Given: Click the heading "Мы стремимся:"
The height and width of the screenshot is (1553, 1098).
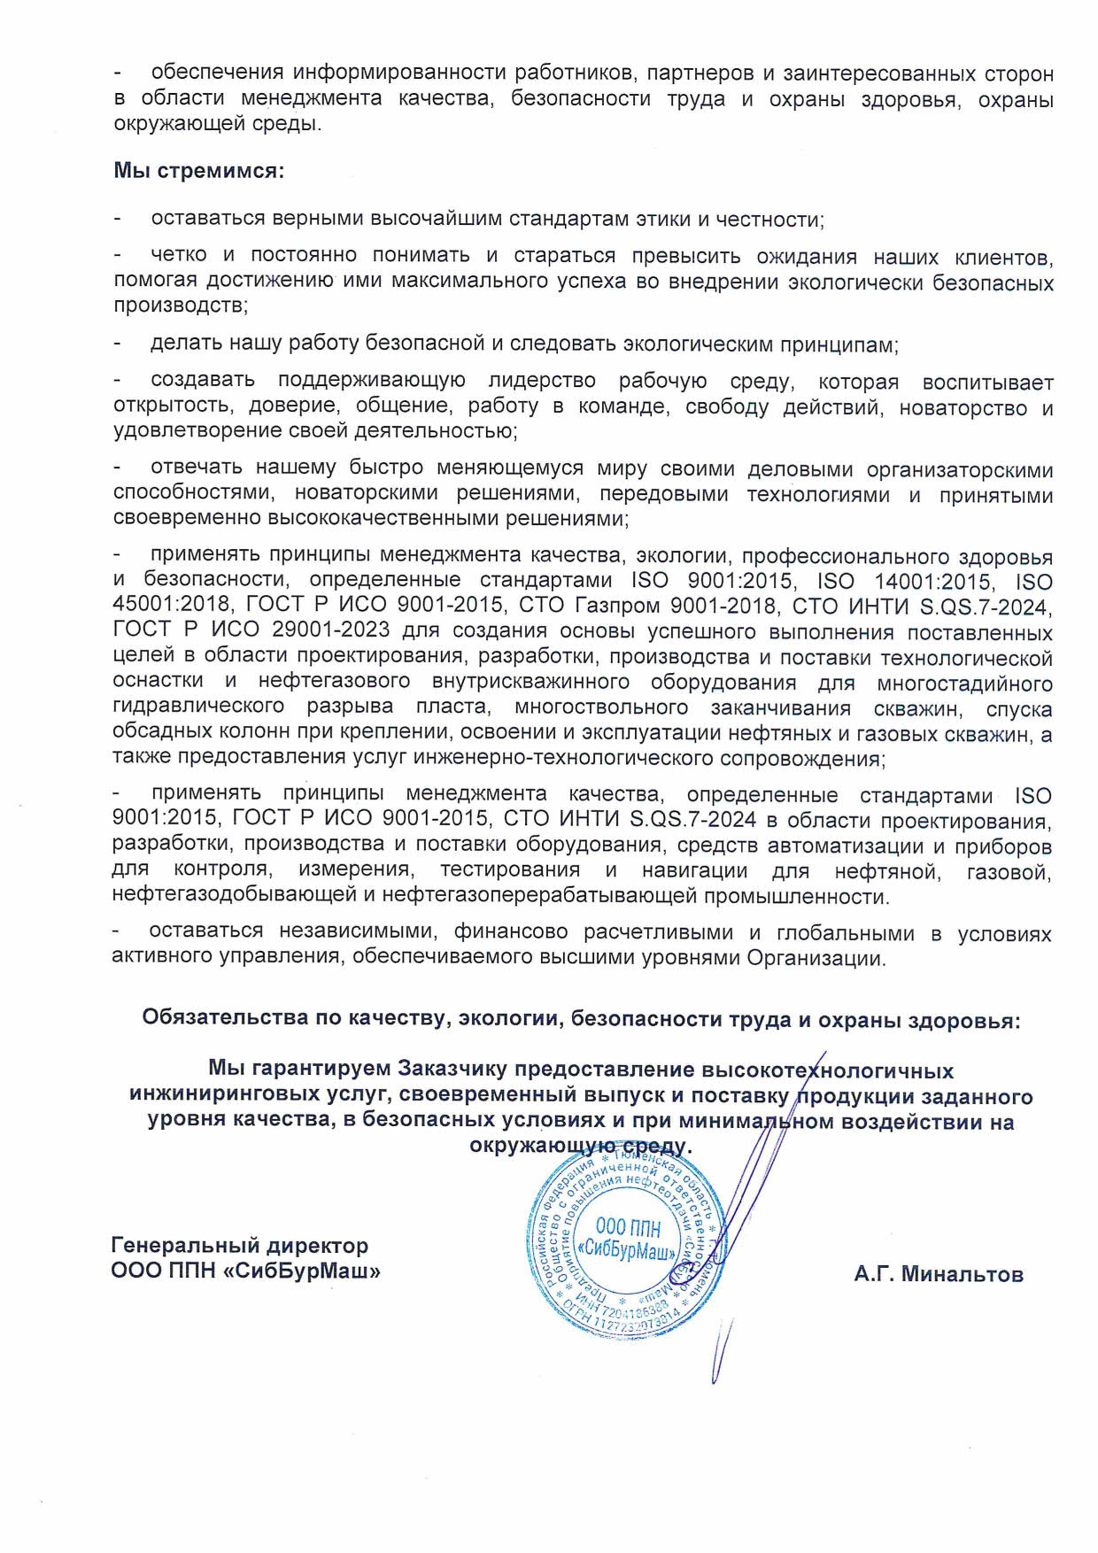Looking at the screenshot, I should [198, 171].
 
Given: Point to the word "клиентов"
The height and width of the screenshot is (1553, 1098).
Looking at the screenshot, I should [1002, 257].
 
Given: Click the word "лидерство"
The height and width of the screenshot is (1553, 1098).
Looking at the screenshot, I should [542, 381].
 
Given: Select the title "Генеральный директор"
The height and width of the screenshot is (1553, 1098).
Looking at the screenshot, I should [240, 1245].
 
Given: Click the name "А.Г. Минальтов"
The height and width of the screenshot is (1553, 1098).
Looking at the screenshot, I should [939, 1274].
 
